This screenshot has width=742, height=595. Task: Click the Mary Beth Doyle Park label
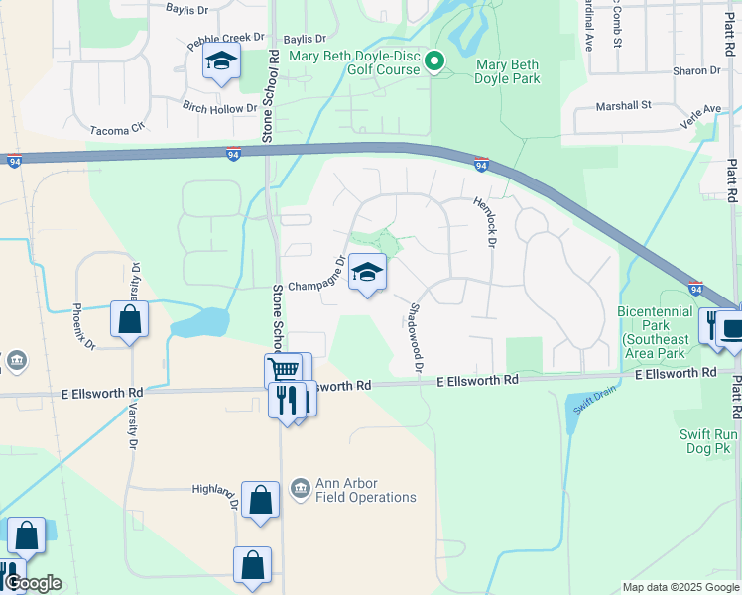tap(508, 71)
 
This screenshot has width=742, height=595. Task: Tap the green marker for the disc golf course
tap(433, 63)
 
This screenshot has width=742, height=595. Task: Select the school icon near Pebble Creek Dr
tap(221, 62)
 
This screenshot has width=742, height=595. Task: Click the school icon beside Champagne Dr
tap(367, 272)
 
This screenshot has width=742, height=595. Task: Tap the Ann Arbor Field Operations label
tap(366, 491)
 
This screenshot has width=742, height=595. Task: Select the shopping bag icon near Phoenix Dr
tap(129, 320)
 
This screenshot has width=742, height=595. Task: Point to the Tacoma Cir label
tap(117, 128)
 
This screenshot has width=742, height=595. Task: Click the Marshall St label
tap(623, 104)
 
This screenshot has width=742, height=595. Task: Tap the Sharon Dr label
tap(696, 70)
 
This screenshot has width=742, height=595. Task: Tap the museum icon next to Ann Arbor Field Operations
tap(300, 490)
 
